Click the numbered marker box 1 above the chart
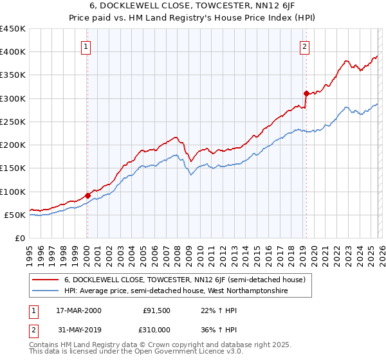(x=87, y=46)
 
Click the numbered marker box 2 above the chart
(x=304, y=46)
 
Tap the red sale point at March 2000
(x=87, y=195)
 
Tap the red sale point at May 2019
(x=306, y=93)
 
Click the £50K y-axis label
(x=15, y=215)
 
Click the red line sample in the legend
(x=46, y=280)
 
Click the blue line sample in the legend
(x=46, y=291)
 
